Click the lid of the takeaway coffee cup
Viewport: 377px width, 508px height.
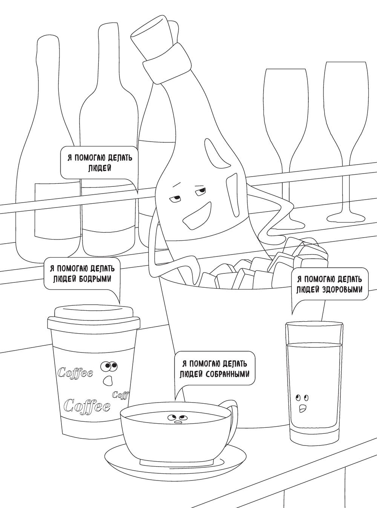(x=94, y=317)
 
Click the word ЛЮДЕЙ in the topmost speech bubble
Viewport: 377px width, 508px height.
(x=100, y=168)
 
